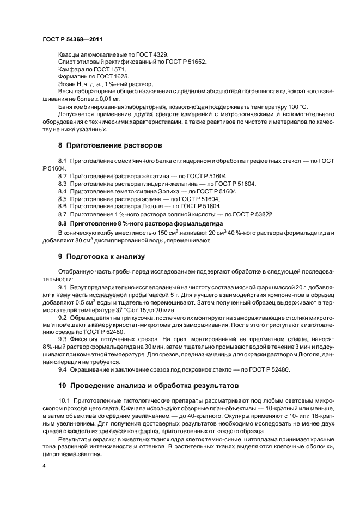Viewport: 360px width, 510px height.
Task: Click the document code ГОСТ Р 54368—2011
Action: (x=72, y=40)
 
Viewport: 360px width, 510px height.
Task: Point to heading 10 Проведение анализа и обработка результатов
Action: (x=148, y=385)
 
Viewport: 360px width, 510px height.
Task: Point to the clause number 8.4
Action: (x=62, y=192)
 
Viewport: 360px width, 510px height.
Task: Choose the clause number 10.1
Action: (x=64, y=400)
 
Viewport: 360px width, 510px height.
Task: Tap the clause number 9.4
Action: (x=62, y=369)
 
